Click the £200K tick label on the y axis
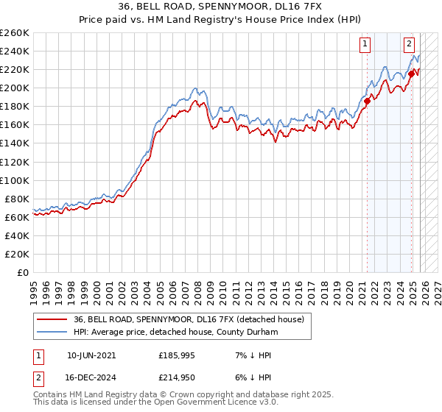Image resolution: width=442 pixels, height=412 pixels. [x=15, y=88]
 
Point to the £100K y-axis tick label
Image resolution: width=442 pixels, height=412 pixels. [x=15, y=180]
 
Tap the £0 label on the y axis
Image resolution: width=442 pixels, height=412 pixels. [x=23, y=272]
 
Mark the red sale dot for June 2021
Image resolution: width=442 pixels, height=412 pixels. [x=367, y=101]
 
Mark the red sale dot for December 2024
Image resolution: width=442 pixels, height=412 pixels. [x=411, y=74]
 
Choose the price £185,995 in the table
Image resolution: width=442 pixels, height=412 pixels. [x=178, y=355]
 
